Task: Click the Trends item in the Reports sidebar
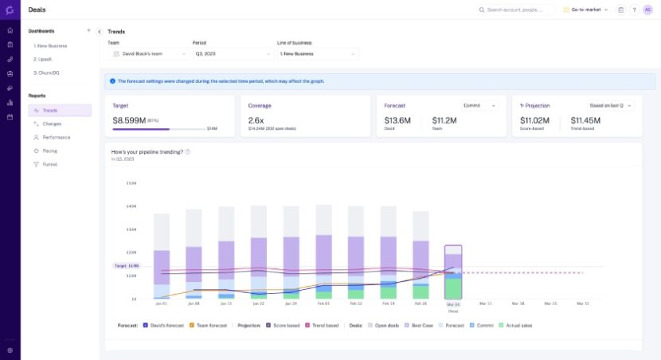click(50, 111)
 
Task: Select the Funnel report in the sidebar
click(49, 164)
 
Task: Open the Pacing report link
click(49, 151)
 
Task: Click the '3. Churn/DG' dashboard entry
click(47, 72)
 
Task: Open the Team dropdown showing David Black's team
click(149, 54)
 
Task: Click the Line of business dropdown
click(317, 54)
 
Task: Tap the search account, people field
click(516, 10)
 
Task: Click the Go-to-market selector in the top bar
click(585, 10)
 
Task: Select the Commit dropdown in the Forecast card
click(481, 105)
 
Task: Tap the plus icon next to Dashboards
click(88, 31)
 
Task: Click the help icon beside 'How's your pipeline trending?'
click(187, 151)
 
